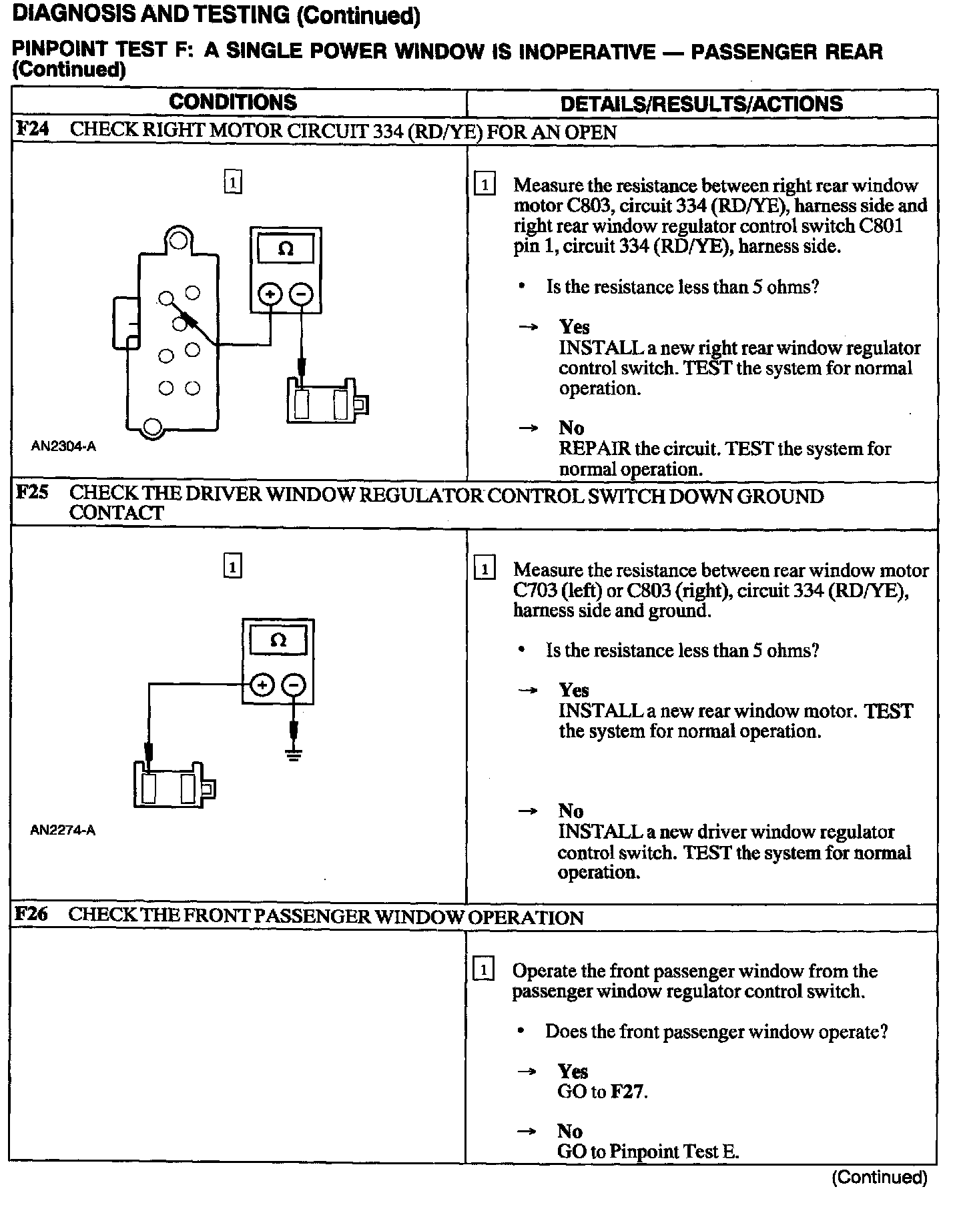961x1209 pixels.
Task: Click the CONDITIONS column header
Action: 233,102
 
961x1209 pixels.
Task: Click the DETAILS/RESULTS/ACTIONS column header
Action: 701,103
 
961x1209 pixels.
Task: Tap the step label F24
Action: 32,129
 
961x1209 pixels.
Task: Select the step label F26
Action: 31,913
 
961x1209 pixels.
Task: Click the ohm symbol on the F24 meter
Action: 286,250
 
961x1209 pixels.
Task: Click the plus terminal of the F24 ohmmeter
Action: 270,294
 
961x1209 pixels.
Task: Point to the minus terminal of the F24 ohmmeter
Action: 302,294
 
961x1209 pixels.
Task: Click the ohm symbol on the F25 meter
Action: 278,641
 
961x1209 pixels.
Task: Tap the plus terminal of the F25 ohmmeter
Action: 262,685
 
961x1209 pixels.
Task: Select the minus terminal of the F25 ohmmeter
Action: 294,685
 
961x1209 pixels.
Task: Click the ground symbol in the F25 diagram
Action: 294,755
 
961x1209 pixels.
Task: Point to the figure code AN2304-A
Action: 63,446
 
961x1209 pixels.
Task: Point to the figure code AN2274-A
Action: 63,831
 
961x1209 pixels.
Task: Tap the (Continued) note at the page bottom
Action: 879,1177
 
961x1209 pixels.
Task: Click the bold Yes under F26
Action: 573,1072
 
